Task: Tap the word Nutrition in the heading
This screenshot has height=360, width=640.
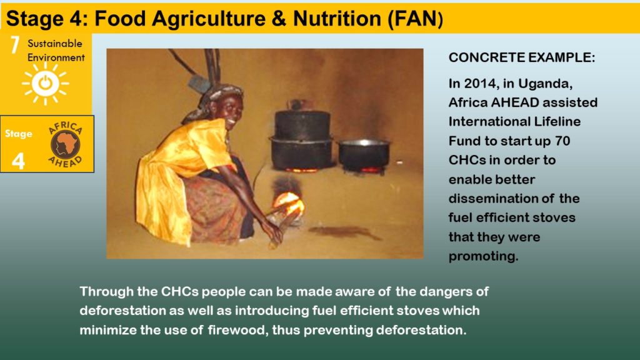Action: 337,19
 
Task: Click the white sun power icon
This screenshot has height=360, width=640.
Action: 45,83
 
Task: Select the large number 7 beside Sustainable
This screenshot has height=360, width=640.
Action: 15,45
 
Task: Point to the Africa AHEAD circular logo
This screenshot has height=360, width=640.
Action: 65,144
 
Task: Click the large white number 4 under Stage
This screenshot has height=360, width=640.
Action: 18,161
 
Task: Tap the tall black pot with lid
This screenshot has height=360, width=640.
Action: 302,135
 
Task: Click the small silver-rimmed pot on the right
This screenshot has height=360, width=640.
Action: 364,156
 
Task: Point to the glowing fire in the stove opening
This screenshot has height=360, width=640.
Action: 289,203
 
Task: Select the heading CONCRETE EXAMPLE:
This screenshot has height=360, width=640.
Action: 522,57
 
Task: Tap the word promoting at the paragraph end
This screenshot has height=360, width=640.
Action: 483,256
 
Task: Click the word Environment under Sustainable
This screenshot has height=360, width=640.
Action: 56,57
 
